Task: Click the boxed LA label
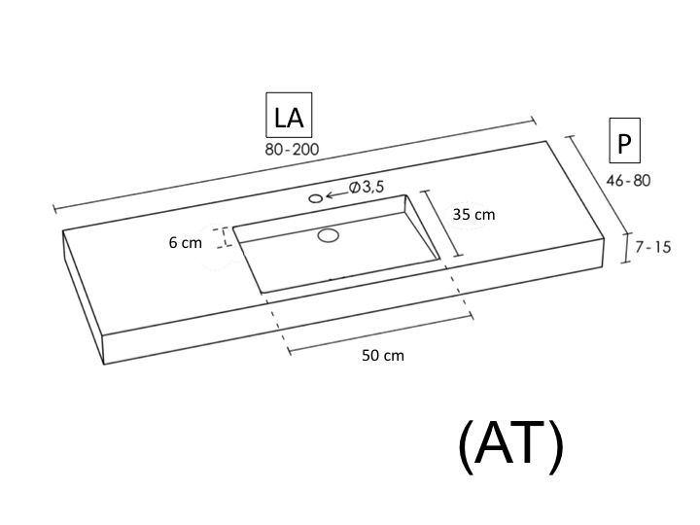point(289,115)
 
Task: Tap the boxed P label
point(624,141)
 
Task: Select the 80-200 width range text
point(292,149)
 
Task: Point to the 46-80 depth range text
point(628,181)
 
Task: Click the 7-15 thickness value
point(653,247)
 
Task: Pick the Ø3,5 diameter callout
point(367,187)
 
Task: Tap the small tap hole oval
point(316,198)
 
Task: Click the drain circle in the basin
point(329,235)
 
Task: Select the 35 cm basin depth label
point(473,215)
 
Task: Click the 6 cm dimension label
point(186,243)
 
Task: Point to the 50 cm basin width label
point(383,356)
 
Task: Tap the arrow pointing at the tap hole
point(337,194)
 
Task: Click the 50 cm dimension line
point(381,333)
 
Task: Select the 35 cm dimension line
point(441,224)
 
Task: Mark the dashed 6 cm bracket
point(226,237)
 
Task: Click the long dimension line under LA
point(295,165)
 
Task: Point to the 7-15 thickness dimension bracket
point(627,248)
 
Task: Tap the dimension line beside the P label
point(598,185)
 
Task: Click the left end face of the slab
point(84,297)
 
